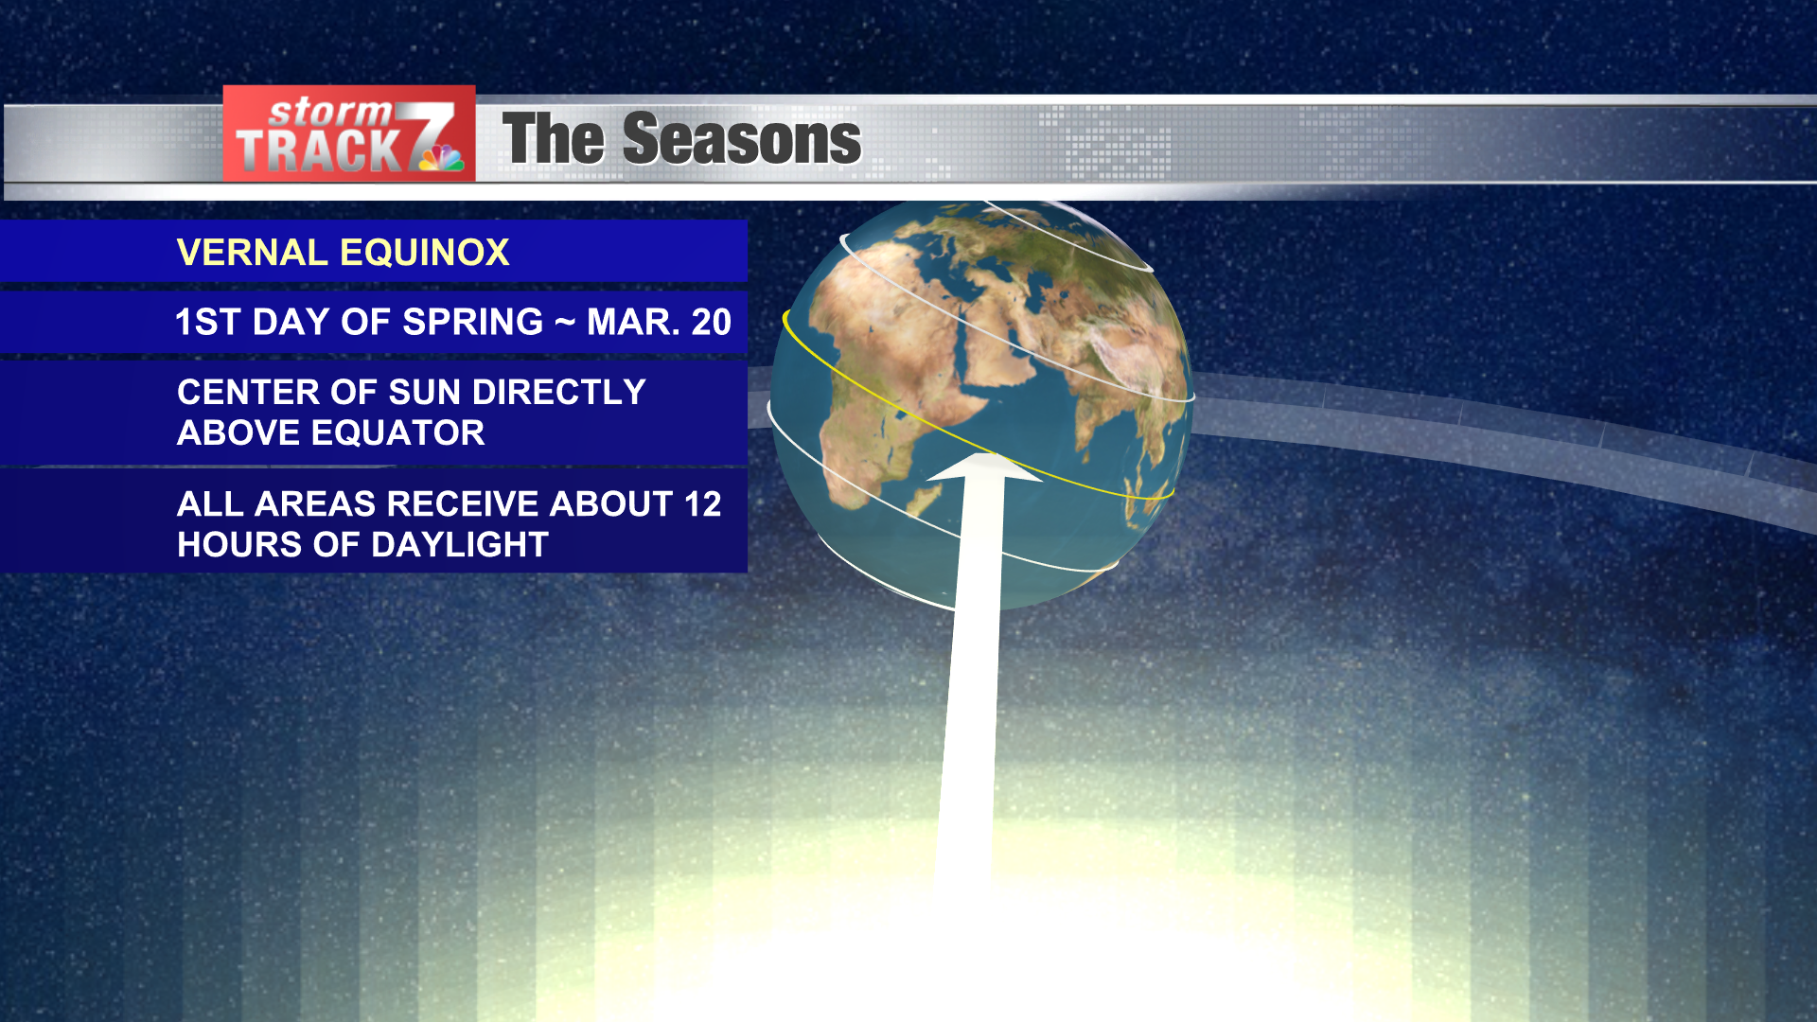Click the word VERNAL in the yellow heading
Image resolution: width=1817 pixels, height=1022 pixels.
(252, 253)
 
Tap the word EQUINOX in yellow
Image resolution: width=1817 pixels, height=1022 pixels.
(425, 253)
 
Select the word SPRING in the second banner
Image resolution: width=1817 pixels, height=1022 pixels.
(473, 322)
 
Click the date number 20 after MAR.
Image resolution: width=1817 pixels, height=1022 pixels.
(712, 322)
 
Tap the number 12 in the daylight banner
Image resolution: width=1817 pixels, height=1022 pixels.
(702, 503)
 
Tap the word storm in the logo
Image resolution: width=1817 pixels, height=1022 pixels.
(330, 113)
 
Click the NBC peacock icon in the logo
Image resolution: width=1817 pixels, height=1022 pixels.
(441, 157)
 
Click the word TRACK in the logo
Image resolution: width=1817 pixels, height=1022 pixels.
(318, 150)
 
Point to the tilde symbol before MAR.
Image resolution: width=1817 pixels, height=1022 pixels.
(565, 323)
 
